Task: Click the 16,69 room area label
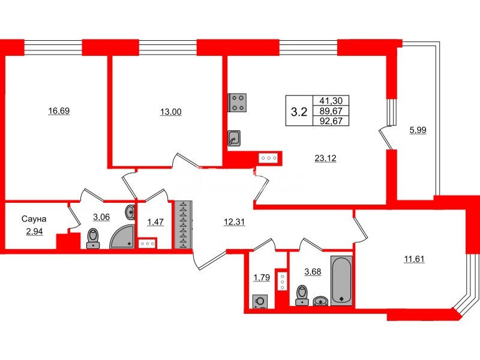(59, 111)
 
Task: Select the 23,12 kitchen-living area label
(325, 158)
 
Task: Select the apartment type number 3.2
(299, 111)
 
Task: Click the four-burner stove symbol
(237, 103)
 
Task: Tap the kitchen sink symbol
(235, 139)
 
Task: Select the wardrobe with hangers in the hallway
(182, 224)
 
